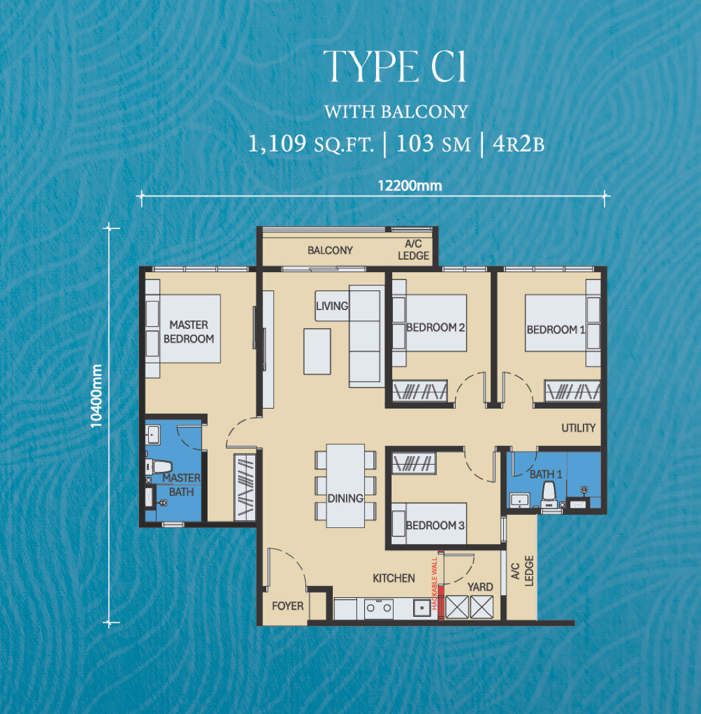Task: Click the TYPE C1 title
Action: pos(395,67)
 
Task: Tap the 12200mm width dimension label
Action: pos(410,186)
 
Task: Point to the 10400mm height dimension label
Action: pos(96,396)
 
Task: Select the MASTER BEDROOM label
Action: pos(189,332)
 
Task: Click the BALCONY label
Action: pos(330,251)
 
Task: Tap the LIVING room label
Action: pos(332,306)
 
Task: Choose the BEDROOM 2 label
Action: pos(435,328)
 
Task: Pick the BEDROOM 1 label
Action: pos(555,330)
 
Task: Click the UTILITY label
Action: pos(578,428)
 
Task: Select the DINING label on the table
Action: pos(345,499)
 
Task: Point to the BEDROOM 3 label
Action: pos(435,525)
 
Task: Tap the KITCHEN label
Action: pos(394,578)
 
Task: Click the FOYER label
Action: pos(287,606)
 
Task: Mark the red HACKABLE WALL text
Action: pos(434,583)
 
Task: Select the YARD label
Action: pos(480,587)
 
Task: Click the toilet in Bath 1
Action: pos(549,494)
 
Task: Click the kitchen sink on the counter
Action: pos(422,608)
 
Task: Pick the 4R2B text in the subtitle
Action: pos(518,144)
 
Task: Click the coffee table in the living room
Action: pos(317,352)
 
